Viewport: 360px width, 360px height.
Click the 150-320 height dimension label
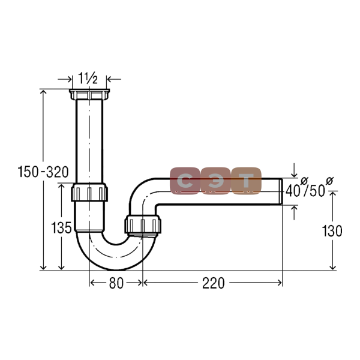(x=43, y=172)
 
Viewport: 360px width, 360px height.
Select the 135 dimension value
(x=61, y=228)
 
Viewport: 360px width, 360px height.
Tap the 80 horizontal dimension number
(x=116, y=283)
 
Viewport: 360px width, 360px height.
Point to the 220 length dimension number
(x=213, y=283)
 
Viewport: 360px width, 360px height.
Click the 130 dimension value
(x=332, y=231)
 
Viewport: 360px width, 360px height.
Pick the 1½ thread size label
(x=88, y=78)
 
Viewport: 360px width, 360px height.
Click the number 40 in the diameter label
(x=293, y=191)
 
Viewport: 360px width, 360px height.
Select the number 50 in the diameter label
(x=317, y=191)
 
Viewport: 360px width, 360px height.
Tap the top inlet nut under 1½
(x=89, y=94)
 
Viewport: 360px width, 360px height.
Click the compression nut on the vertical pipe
(x=89, y=192)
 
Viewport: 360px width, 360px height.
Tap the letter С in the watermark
(x=185, y=181)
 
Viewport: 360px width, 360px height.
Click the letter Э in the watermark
(x=215, y=181)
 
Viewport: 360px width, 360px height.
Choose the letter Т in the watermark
(x=247, y=181)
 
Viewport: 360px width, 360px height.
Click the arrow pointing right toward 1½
(x=65, y=79)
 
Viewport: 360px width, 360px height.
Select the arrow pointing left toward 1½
(x=114, y=79)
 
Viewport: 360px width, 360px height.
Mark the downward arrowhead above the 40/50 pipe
(x=294, y=175)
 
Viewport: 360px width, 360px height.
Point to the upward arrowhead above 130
(x=332, y=194)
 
